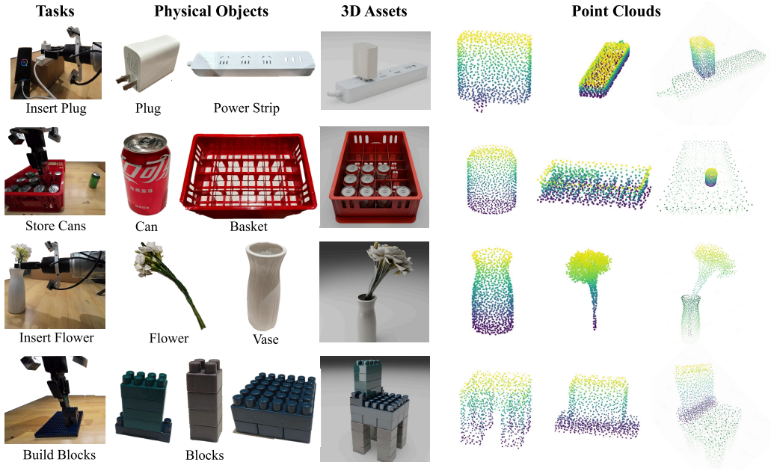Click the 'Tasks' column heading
click(55, 10)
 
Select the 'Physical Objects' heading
click(211, 11)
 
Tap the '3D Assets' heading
click(374, 10)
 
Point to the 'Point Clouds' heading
click(615, 10)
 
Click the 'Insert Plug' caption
click(56, 108)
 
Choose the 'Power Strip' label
click(246, 108)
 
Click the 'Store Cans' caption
click(55, 226)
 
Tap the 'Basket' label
click(248, 227)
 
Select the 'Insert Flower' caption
click(57, 337)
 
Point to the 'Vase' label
click(265, 339)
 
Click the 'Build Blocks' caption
click(59, 455)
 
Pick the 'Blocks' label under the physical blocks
click(205, 455)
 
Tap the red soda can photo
click(146, 174)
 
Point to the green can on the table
click(94, 180)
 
